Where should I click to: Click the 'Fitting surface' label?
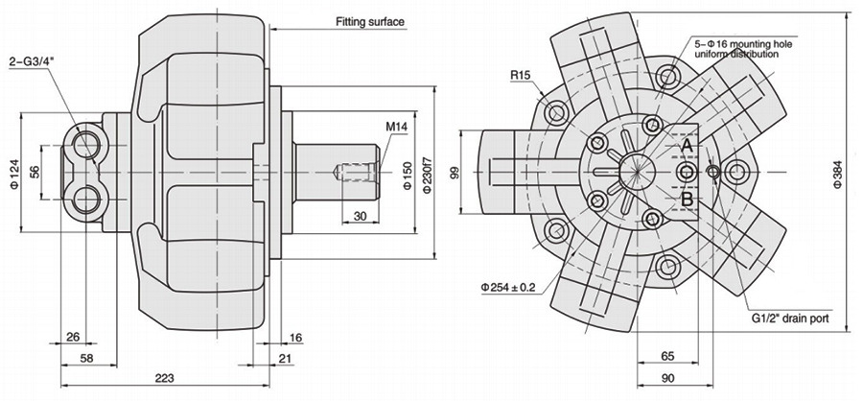click(x=370, y=21)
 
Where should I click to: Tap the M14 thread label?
click(x=397, y=126)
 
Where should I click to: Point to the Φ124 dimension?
click(x=13, y=173)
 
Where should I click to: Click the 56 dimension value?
click(x=34, y=172)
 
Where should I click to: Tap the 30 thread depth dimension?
click(x=360, y=217)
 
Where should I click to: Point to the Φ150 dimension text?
click(x=407, y=174)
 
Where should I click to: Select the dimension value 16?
click(x=295, y=337)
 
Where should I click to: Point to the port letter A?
click(x=687, y=144)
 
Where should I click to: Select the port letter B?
click(x=687, y=200)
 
